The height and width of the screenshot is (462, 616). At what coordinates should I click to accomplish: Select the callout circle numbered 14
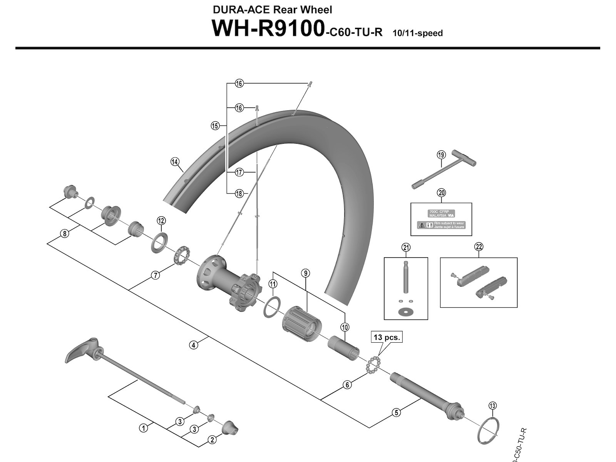click(175, 162)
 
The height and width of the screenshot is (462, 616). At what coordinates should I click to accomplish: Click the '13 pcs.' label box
click(387, 337)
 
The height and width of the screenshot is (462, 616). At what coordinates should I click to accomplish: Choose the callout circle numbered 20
click(442, 193)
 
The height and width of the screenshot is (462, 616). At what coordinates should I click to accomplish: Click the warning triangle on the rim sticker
click(422, 225)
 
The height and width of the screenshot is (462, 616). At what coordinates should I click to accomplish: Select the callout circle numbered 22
click(479, 247)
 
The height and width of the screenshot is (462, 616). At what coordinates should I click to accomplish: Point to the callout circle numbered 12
click(161, 221)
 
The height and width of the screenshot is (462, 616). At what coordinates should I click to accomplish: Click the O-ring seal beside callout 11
click(272, 307)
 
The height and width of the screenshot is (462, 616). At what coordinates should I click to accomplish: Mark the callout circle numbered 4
click(194, 345)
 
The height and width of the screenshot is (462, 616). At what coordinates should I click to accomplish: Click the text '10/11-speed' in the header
click(417, 33)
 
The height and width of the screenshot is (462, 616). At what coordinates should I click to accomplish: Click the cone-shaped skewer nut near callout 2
click(231, 426)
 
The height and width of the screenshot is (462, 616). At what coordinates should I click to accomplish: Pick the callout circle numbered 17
click(239, 172)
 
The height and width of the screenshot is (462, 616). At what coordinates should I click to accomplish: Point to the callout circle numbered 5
click(396, 413)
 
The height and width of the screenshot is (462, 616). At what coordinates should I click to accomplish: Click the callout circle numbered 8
click(65, 233)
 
